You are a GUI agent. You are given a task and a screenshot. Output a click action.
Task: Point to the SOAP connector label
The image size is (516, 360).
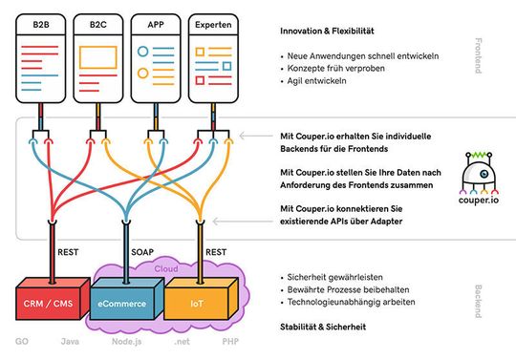141,254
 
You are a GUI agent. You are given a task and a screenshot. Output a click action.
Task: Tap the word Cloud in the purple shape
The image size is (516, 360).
167,269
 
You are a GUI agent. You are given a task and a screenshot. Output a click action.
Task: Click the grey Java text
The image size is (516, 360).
70,341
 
